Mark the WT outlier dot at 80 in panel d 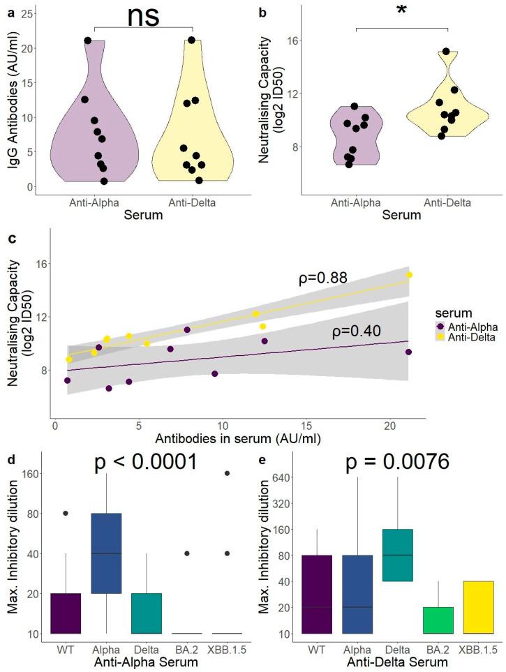pos(66,513)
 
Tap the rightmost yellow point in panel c pos(410,275)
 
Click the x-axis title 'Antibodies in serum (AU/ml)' pos(239,439)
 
